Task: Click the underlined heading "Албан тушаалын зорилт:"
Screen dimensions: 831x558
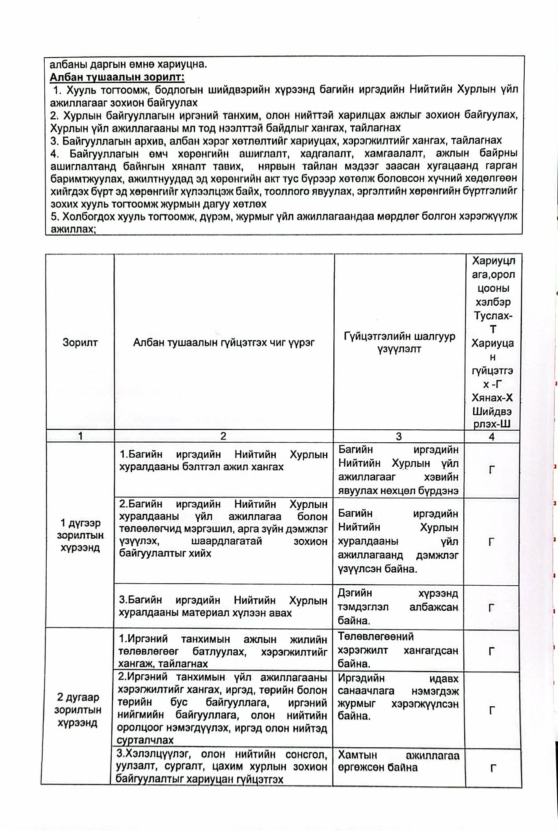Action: [x=117, y=77]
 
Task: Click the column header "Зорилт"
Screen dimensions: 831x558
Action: [x=80, y=342]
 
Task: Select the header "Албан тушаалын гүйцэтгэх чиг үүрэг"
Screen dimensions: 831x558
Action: [x=224, y=342]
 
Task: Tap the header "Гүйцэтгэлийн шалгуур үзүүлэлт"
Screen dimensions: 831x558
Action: [x=399, y=342]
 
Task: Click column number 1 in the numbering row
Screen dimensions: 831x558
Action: [x=80, y=436]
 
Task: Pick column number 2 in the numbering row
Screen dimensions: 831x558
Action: [x=223, y=436]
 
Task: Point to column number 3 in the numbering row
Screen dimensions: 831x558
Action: [x=398, y=436]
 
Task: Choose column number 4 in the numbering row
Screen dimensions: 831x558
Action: [x=492, y=437]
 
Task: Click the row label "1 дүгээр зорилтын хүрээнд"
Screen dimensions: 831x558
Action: [x=80, y=535]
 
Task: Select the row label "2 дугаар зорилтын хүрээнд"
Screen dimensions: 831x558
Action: [x=78, y=710]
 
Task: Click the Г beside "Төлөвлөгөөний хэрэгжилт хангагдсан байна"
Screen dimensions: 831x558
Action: [x=491, y=651]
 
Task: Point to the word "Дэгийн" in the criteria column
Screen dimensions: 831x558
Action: [x=355, y=593]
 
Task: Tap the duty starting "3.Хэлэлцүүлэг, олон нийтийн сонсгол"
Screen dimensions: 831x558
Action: [x=222, y=766]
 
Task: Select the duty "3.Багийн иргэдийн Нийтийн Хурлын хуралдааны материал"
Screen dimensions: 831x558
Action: [x=223, y=606]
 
